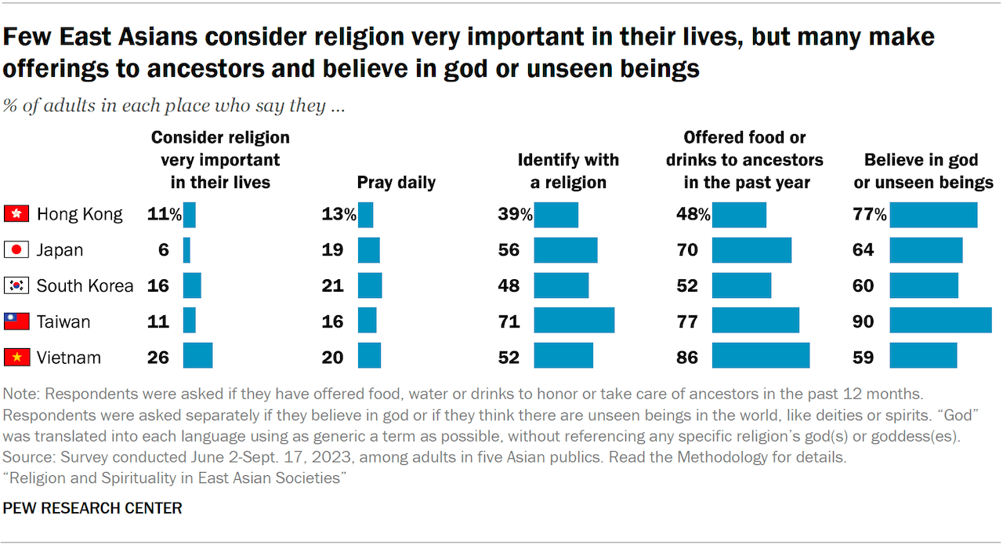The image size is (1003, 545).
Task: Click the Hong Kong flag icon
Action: pyautogui.click(x=16, y=214)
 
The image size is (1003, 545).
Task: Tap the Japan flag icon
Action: pyautogui.click(x=16, y=250)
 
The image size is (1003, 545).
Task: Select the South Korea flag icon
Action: pyautogui.click(x=16, y=285)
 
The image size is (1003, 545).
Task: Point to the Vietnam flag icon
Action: pyautogui.click(x=16, y=358)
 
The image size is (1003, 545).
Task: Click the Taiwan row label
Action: pyautogui.click(x=63, y=322)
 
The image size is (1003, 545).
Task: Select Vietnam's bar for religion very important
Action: pyautogui.click(x=197, y=355)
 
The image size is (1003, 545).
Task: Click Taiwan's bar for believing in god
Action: pyautogui.click(x=940, y=320)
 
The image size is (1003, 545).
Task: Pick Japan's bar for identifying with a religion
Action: pyautogui.click(x=566, y=250)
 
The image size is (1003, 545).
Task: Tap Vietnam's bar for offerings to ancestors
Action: pyautogui.click(x=760, y=355)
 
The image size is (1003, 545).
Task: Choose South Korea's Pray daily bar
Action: pyautogui.click(x=370, y=285)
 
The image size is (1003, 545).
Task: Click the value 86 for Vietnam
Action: pyautogui.click(x=687, y=358)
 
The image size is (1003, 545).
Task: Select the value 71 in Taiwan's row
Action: pyautogui.click(x=509, y=322)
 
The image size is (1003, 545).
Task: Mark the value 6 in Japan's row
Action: pyautogui.click(x=163, y=250)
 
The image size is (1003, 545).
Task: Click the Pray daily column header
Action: pyautogui.click(x=396, y=183)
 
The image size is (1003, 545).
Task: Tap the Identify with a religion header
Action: pyautogui.click(x=568, y=171)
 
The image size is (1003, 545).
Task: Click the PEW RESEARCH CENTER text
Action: pyautogui.click(x=92, y=509)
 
